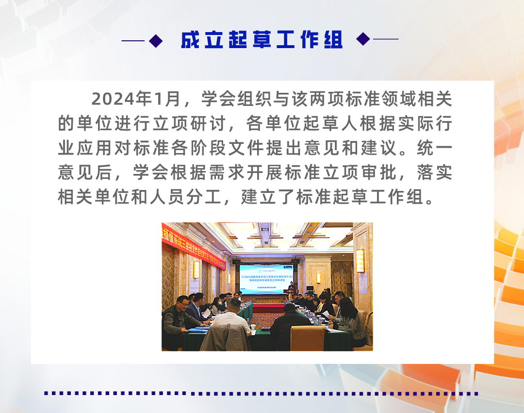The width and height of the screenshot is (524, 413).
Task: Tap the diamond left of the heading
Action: (x=156, y=40)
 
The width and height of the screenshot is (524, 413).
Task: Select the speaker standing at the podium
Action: (x=292, y=290)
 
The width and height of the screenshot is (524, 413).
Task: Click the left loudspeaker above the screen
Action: (x=236, y=262)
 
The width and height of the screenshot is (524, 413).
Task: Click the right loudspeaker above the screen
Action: (x=295, y=262)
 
